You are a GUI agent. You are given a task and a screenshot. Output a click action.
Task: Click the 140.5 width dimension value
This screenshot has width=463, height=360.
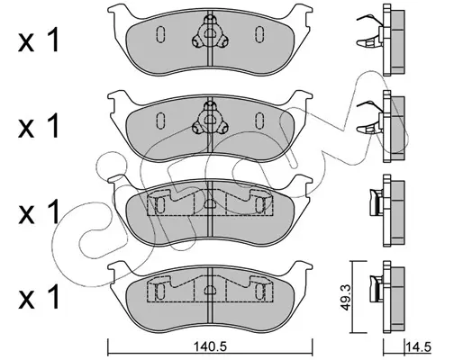pos(210,347)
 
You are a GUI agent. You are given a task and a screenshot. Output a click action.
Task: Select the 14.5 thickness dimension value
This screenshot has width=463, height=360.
pos(418,347)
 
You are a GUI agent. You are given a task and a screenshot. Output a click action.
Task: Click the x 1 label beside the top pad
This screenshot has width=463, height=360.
pos(39,41)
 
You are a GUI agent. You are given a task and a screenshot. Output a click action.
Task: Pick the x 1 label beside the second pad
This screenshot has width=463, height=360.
pos(39,127)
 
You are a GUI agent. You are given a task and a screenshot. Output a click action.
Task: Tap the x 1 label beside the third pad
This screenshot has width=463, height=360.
pos(39,212)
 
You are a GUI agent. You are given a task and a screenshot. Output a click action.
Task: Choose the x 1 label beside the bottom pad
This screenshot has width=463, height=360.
pos(39,297)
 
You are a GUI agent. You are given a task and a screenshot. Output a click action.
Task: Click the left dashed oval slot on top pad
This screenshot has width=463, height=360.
pos(160,34)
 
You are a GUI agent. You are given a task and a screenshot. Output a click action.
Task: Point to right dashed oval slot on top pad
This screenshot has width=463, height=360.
pos(259,34)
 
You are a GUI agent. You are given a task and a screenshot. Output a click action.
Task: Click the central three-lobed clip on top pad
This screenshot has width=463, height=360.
pos(209,33)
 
